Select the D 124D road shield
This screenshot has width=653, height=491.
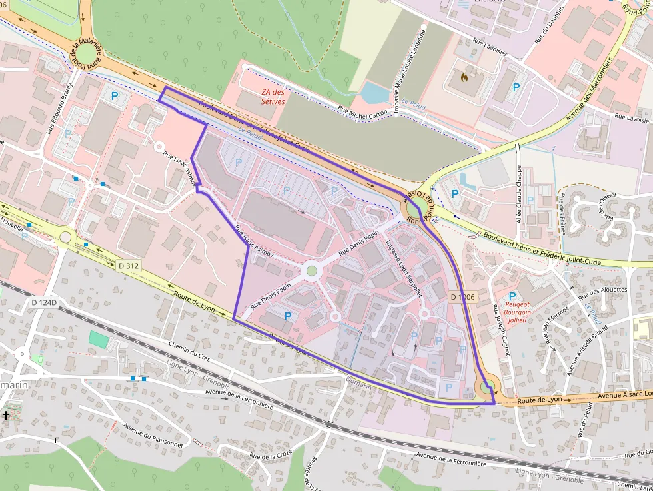click(45, 303)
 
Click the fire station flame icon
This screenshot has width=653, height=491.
click(464, 77)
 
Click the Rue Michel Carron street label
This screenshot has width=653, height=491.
click(362, 111)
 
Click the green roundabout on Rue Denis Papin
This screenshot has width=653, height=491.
click(311, 270)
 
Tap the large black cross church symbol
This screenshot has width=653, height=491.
click(6, 416)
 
